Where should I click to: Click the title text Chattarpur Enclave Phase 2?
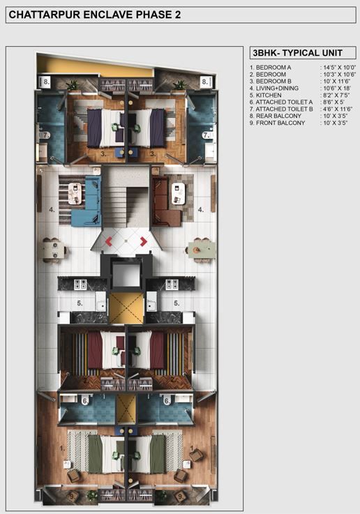(x=95, y=13)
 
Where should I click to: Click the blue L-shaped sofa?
(x=86, y=200)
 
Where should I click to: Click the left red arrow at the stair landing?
(x=109, y=241)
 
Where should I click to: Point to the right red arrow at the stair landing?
(x=143, y=241)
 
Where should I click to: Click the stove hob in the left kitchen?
(x=80, y=284)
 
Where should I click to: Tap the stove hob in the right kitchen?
(x=172, y=284)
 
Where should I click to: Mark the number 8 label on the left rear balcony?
(x=46, y=82)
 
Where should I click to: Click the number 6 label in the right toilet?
(x=167, y=400)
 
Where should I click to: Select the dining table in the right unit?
(x=200, y=249)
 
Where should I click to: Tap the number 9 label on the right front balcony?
(x=181, y=497)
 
